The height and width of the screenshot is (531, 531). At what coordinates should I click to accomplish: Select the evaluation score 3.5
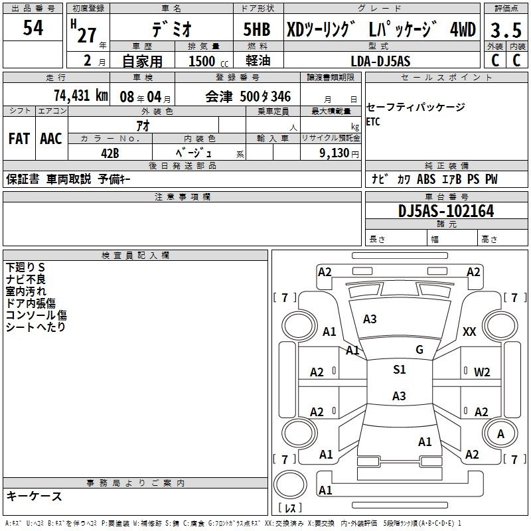tap(504, 30)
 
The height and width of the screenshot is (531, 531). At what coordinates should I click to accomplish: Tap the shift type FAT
tap(19, 139)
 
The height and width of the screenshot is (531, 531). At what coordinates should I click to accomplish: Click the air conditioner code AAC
tap(50, 139)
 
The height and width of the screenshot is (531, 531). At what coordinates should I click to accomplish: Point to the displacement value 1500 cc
tap(205, 62)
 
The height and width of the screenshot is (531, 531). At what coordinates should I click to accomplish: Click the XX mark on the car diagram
tap(469, 332)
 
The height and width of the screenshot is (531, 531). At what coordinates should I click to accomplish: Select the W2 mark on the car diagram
tap(482, 372)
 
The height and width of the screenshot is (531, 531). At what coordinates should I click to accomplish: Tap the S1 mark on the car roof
tap(399, 370)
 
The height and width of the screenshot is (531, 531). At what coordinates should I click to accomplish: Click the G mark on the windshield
tap(419, 350)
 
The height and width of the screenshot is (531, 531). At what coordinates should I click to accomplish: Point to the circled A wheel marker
tap(501, 433)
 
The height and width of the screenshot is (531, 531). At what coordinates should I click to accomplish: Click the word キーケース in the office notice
tap(35, 496)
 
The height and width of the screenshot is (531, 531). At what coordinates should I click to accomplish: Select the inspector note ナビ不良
tap(26, 279)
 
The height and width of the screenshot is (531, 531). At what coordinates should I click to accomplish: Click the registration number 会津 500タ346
tap(248, 96)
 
